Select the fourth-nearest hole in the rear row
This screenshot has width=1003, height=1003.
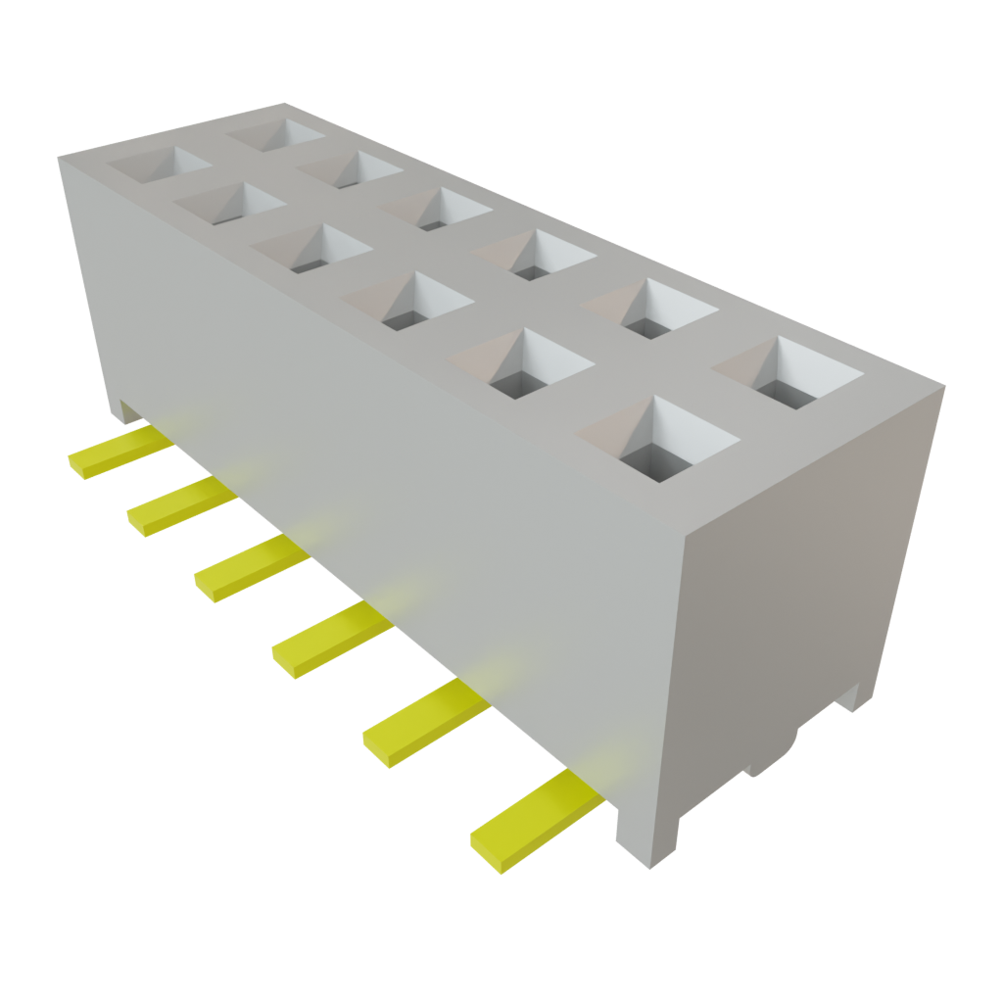pos(436,208)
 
